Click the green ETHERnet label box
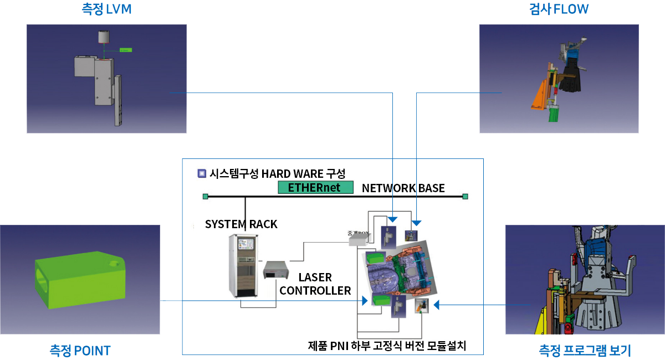315,187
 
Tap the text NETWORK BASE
403,188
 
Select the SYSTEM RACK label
241,224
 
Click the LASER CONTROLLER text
315,284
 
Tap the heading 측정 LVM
106,9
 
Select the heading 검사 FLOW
559,9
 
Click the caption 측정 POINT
80,351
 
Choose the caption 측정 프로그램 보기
585,351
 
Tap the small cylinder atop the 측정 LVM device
104,37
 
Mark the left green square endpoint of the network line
205,196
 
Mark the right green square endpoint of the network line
465,196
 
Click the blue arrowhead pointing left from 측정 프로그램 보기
436,304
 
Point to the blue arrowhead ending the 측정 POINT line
365,301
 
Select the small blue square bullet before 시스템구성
202,173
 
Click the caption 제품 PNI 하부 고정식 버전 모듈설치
387,347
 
